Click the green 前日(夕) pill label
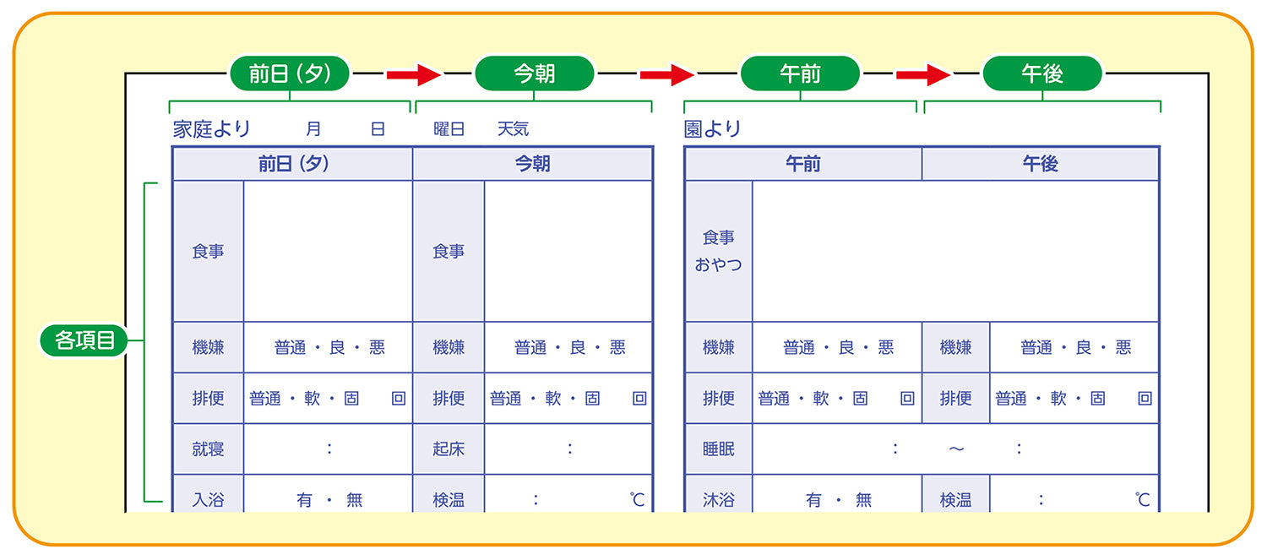[290, 73]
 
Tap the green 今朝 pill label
[535, 73]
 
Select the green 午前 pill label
[801, 73]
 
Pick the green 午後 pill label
[1042, 73]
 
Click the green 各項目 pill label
[84, 340]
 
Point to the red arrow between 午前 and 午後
[923, 74]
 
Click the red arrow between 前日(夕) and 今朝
[414, 74]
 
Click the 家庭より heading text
[211, 129]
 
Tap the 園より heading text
[712, 129]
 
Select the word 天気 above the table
[513, 129]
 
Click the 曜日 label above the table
[449, 129]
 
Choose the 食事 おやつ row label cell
[718, 251]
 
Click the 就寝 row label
[208, 449]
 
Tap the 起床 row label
[449, 449]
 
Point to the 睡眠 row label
[718, 449]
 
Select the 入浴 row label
[208, 500]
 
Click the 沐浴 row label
[718, 500]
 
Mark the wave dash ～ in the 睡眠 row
[956, 449]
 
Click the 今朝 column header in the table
[532, 164]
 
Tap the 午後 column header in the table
[1040, 164]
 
